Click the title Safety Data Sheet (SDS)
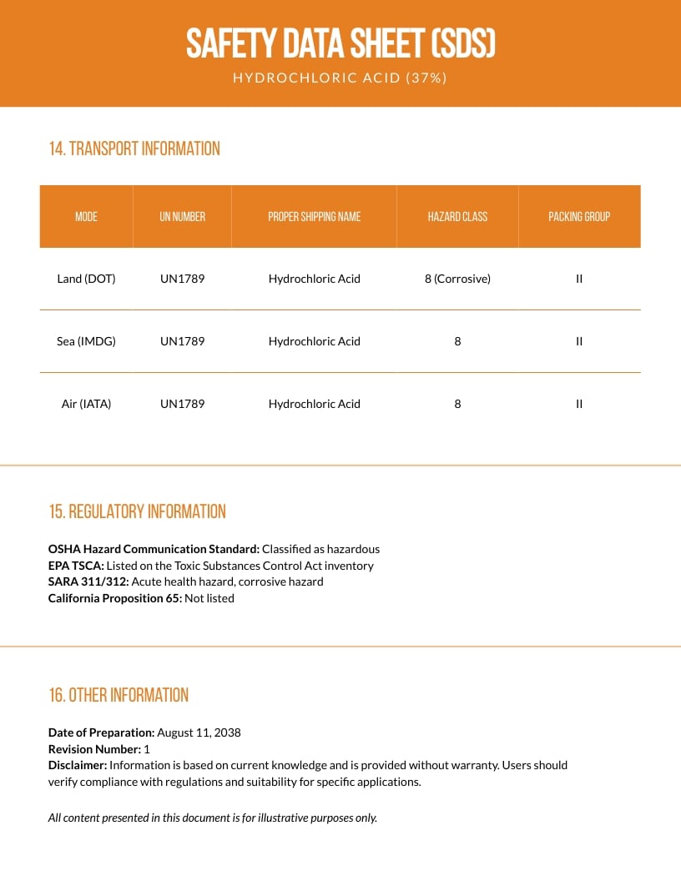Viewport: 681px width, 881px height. (340, 43)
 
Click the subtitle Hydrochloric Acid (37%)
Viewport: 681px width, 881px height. (340, 78)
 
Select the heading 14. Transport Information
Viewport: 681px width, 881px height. (134, 149)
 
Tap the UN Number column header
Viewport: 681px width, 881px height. (182, 216)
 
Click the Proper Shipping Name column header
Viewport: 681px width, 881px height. (314, 216)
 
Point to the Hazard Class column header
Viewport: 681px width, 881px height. (457, 216)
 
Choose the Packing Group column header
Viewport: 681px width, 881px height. (579, 216)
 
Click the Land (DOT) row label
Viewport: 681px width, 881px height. (86, 279)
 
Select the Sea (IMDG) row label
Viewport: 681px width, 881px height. (86, 341)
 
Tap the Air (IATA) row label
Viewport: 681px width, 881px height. (86, 404)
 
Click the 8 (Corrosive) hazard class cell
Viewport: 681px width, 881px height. (457, 279)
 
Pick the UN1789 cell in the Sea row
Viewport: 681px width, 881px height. (182, 341)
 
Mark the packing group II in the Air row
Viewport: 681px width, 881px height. (579, 404)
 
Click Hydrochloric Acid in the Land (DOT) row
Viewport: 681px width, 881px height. (314, 279)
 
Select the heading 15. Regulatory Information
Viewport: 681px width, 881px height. (137, 511)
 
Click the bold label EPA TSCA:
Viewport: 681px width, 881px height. (76, 566)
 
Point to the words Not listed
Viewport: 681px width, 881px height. (209, 598)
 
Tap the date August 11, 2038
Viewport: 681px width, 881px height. (199, 732)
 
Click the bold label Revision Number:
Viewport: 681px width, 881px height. (94, 749)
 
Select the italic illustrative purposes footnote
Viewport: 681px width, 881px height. (213, 818)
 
